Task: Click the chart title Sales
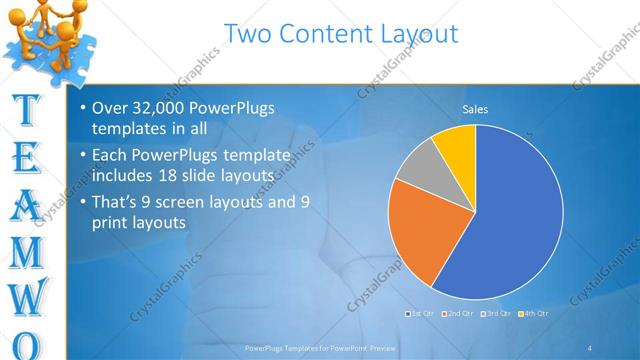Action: (x=475, y=109)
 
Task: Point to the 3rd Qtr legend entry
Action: (x=497, y=315)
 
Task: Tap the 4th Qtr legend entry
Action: (x=536, y=315)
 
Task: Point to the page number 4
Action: (x=590, y=348)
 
